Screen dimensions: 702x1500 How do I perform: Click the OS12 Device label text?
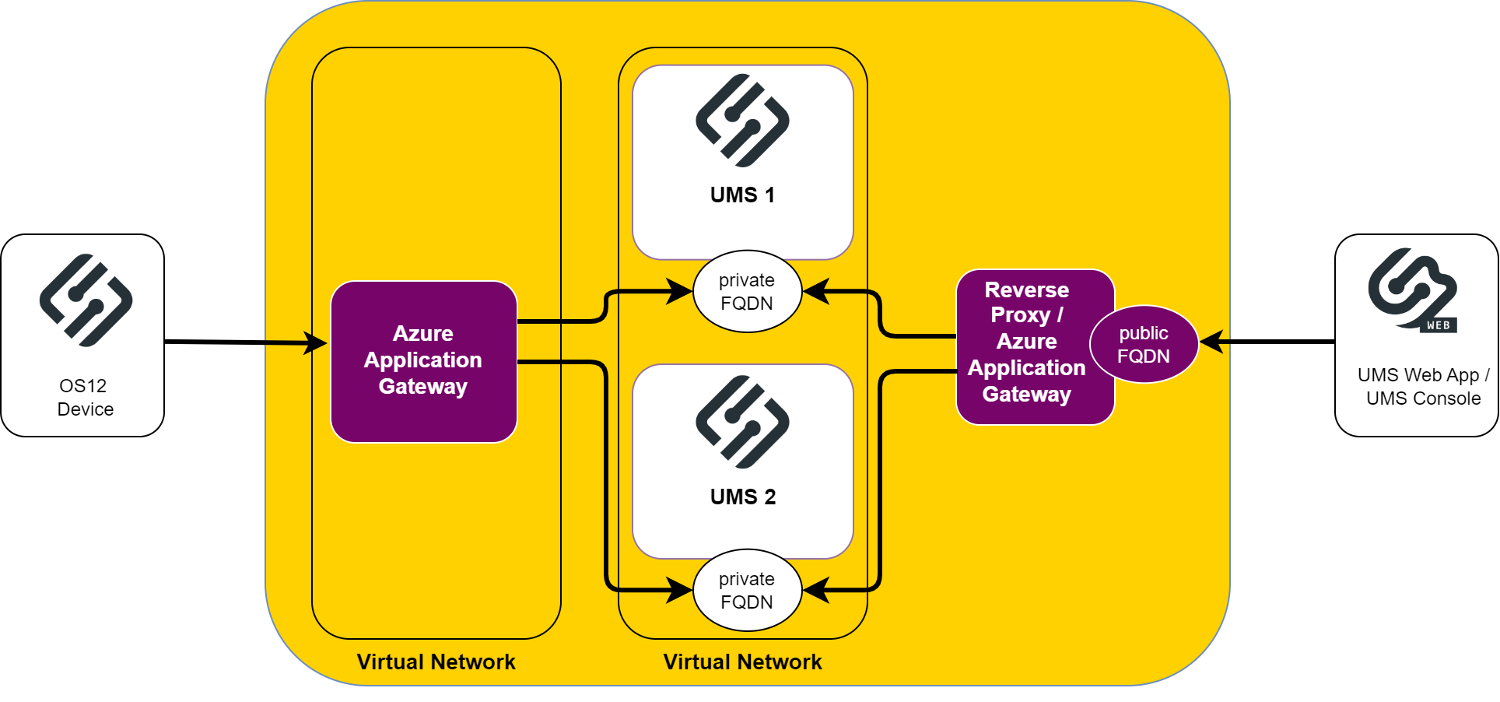click(x=85, y=397)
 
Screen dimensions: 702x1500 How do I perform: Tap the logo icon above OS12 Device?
click(x=86, y=300)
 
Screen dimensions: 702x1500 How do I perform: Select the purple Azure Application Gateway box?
click(x=423, y=361)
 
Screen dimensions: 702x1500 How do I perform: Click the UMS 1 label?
click(x=742, y=195)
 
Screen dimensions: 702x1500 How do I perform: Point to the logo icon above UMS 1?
click(x=742, y=121)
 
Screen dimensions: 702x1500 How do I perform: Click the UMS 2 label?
click(x=742, y=497)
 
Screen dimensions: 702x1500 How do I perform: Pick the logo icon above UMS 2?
click(x=742, y=422)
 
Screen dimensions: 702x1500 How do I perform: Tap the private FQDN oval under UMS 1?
click(x=747, y=292)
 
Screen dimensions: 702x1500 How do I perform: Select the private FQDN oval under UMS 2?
click(x=747, y=590)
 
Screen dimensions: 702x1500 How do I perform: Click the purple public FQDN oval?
click(x=1144, y=344)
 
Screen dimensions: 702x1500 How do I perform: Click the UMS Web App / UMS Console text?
click(x=1423, y=386)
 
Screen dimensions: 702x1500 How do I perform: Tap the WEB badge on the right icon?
click(x=1438, y=325)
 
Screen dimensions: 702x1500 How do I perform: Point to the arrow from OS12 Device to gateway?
click(x=241, y=342)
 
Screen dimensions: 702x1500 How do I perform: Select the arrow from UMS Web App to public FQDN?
click(x=1268, y=341)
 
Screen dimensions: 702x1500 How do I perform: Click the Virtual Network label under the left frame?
click(x=436, y=662)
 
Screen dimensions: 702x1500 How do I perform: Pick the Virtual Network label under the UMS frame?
click(x=742, y=662)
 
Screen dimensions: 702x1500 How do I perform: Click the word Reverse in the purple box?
click(x=1026, y=290)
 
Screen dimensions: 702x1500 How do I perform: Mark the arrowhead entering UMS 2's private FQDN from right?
click(x=815, y=590)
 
